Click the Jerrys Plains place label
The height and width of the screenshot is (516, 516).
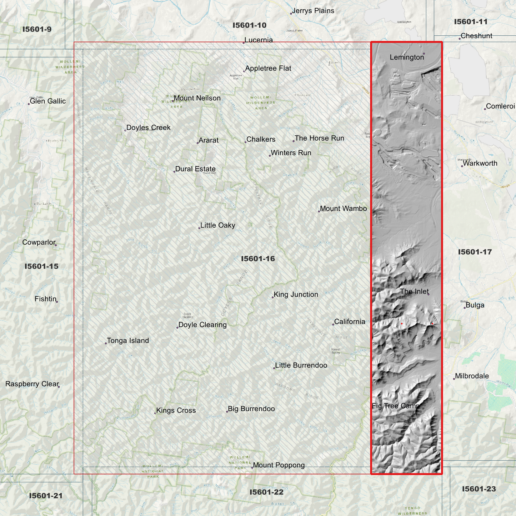pyautogui.click(x=313, y=11)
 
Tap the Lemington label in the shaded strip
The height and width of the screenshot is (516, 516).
pyautogui.click(x=407, y=57)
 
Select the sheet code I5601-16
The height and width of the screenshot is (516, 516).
pyautogui.click(x=258, y=259)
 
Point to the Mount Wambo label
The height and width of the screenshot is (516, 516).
pyautogui.click(x=343, y=209)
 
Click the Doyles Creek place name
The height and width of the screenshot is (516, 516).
pyautogui.click(x=148, y=127)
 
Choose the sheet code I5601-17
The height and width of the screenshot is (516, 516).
pyautogui.click(x=475, y=252)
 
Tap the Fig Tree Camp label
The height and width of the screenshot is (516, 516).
pyautogui.click(x=395, y=406)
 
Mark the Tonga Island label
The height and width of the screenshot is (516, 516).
pyautogui.click(x=128, y=341)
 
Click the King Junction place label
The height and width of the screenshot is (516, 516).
pyautogui.click(x=296, y=295)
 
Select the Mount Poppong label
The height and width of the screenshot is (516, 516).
pyautogui.click(x=279, y=465)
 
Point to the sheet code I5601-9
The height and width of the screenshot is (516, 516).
pyautogui.click(x=37, y=29)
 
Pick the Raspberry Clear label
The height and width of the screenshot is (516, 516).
pyautogui.click(x=32, y=384)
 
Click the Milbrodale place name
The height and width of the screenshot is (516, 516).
pyautogui.click(x=472, y=376)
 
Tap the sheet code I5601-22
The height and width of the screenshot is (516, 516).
pyautogui.click(x=266, y=492)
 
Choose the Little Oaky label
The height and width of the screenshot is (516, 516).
pyautogui.click(x=217, y=225)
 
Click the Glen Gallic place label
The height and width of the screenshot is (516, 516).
pyautogui.click(x=47, y=101)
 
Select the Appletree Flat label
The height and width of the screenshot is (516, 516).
pyautogui.click(x=268, y=68)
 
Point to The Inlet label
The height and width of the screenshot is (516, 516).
pyautogui.click(x=414, y=291)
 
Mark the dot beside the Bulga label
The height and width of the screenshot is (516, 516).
pyautogui.click(x=465, y=308)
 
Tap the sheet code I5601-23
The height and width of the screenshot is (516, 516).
pyautogui.click(x=479, y=489)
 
